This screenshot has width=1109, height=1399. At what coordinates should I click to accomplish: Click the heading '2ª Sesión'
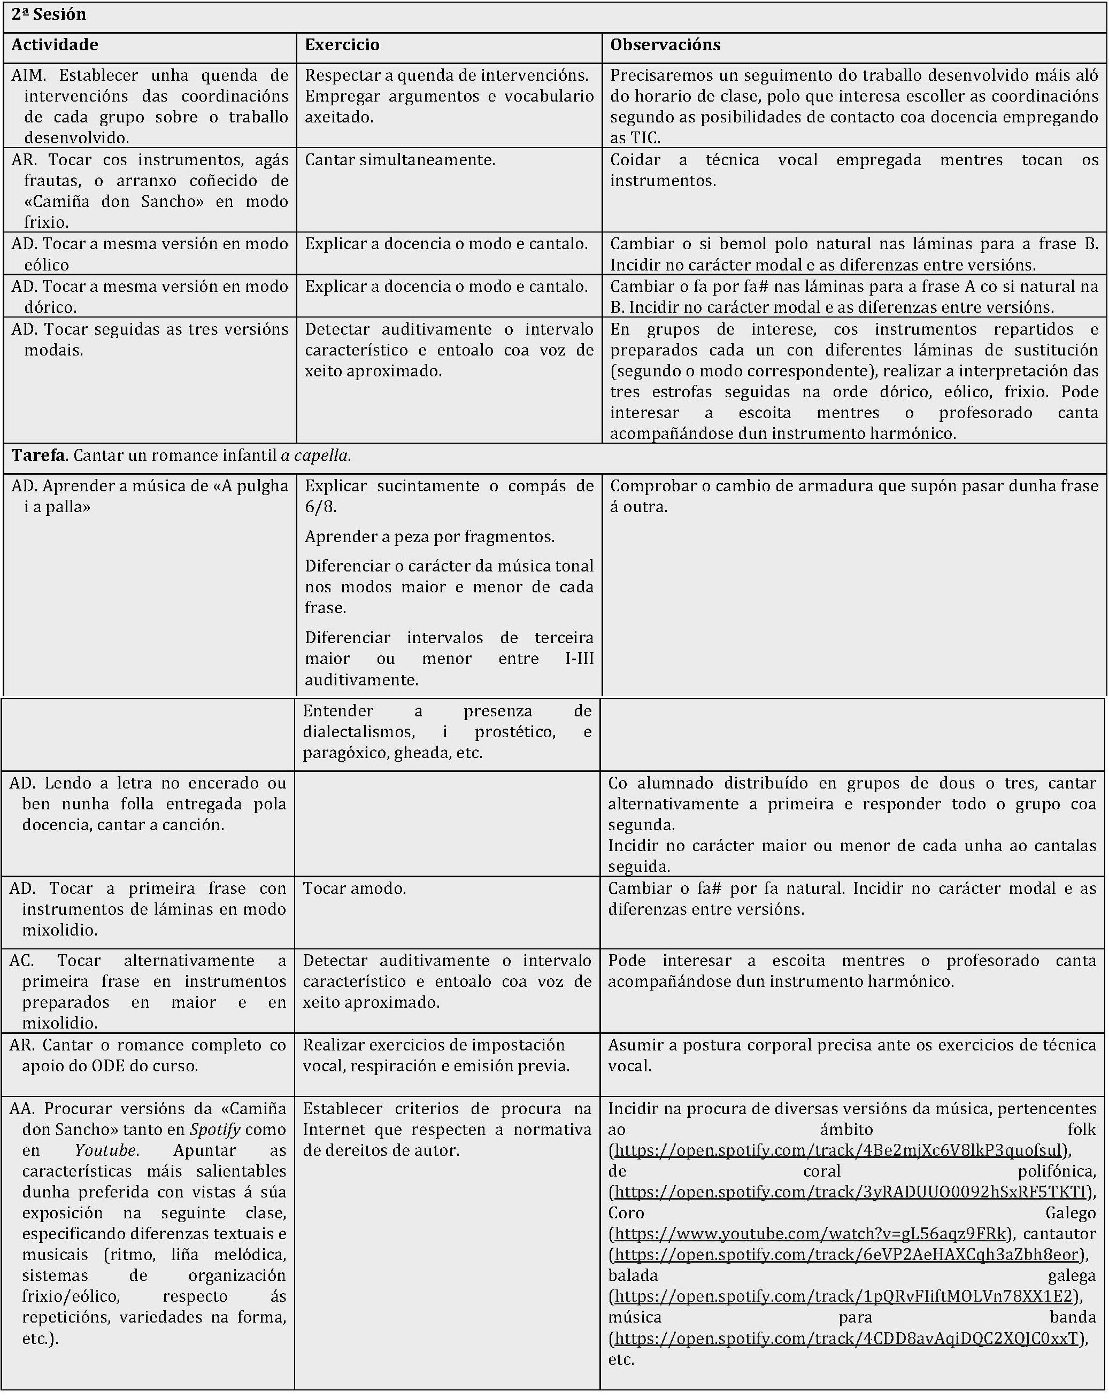[x=49, y=15]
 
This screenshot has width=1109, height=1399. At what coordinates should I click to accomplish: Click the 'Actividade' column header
[x=55, y=45]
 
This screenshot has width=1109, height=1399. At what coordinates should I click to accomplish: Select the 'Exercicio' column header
[x=342, y=45]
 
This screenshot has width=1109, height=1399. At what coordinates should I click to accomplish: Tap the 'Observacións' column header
[x=665, y=45]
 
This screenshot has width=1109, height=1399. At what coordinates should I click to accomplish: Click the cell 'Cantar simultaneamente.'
[x=400, y=160]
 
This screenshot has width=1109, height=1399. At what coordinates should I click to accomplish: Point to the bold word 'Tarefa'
[x=37, y=455]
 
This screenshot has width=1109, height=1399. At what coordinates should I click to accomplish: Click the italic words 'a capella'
[x=315, y=455]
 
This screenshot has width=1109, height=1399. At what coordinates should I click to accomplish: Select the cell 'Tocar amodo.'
[x=355, y=888]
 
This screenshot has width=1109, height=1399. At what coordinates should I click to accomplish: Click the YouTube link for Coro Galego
[x=811, y=1233]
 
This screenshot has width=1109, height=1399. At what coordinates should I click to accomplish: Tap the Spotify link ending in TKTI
[x=850, y=1192]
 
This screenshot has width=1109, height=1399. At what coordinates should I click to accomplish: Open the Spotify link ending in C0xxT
[x=846, y=1338]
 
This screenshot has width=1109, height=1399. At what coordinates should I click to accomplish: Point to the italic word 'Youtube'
[x=105, y=1150]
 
